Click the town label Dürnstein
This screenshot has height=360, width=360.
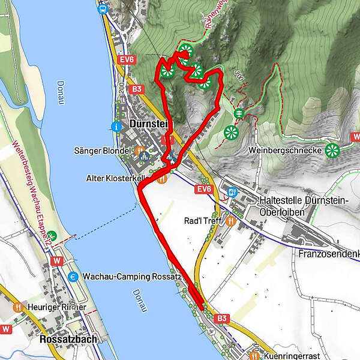pos(148,124)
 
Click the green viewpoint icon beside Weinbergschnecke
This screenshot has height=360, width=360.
pos(331,150)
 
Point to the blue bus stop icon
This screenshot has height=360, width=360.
pos(103,8)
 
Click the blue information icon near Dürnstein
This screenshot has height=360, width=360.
pos(116,127)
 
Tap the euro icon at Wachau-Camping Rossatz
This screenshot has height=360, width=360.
pos(73,277)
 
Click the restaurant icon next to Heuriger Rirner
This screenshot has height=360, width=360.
pos(19,307)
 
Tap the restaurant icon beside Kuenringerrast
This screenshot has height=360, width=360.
pos(255,355)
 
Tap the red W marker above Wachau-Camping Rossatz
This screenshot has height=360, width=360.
pos(58,261)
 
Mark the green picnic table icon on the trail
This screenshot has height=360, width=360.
pos(238,113)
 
